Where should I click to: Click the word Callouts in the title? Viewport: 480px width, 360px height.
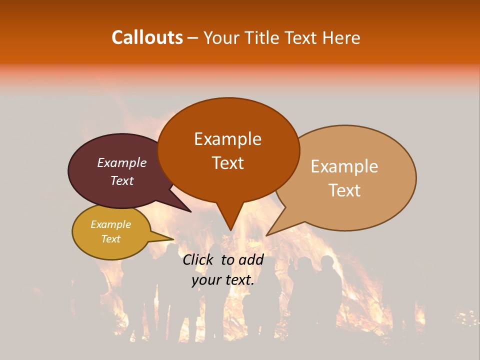tap(147, 38)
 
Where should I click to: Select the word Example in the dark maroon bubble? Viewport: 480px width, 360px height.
tap(121, 162)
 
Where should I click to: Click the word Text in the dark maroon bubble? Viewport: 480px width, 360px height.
tap(121, 180)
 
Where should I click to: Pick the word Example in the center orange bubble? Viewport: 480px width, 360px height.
tap(227, 139)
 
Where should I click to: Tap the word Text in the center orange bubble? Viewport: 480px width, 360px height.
tap(227, 163)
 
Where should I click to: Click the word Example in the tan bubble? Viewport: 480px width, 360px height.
tap(344, 166)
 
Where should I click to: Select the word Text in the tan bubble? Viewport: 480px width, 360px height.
tap(344, 190)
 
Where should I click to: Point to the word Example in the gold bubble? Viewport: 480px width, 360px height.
tap(110, 224)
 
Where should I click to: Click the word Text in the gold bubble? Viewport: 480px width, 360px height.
tap(110, 239)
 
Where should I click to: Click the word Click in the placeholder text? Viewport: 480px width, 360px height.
tap(198, 259)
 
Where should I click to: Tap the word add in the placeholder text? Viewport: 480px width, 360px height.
tap(251, 259)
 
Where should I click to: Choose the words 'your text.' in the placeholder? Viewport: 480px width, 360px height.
tap(223, 280)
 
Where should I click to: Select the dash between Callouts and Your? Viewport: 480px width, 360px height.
tap(193, 38)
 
